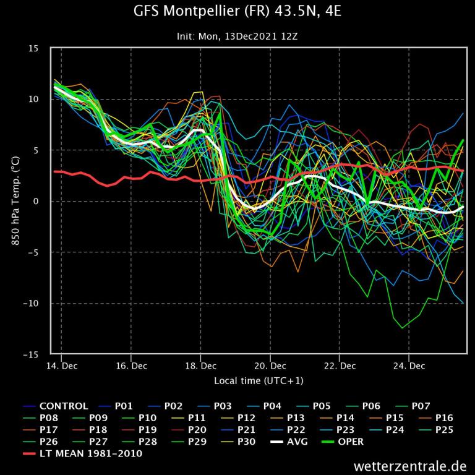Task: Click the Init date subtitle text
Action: [x=237, y=36]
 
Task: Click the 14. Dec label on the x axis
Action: [x=61, y=366]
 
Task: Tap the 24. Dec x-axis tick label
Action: [x=409, y=366]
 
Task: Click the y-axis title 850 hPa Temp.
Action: [x=15, y=202]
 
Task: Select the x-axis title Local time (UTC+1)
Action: [x=259, y=380]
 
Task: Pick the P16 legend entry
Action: [x=444, y=418]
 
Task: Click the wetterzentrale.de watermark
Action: [x=410, y=464]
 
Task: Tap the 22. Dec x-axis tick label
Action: [x=340, y=366]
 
